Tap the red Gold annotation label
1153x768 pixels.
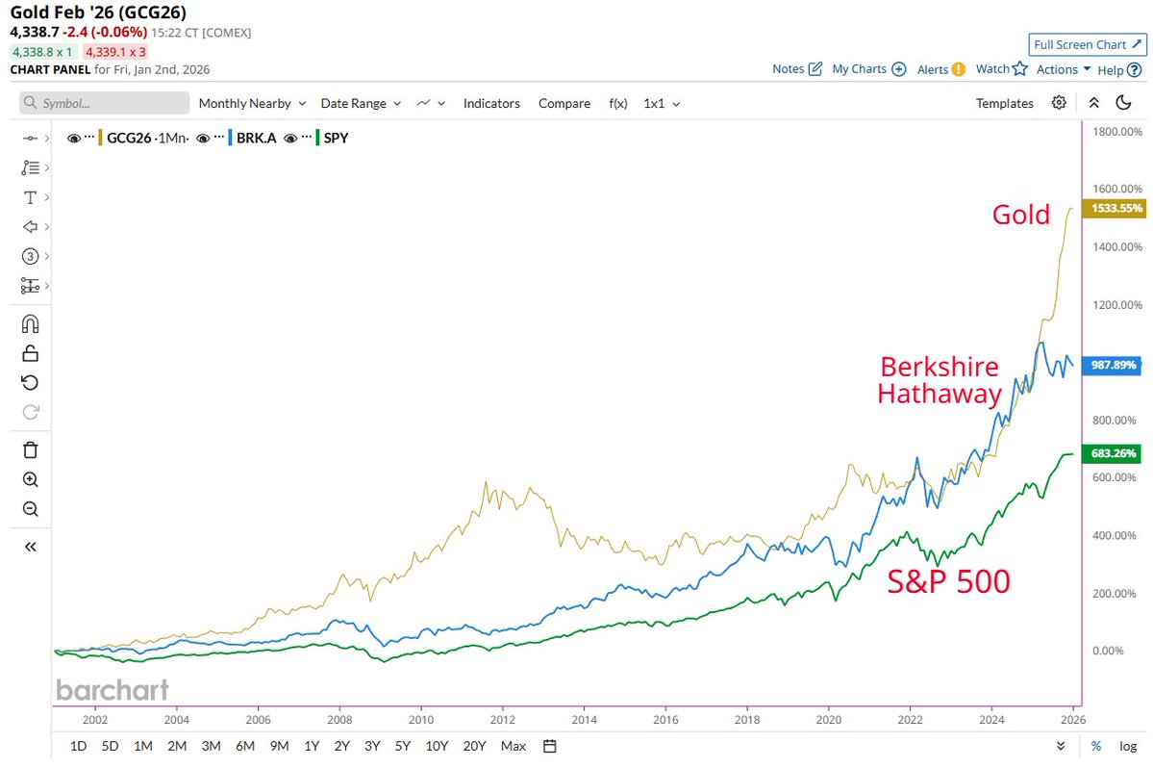tap(1020, 214)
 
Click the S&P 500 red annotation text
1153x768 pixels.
tap(948, 581)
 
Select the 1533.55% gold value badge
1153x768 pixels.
tap(1113, 208)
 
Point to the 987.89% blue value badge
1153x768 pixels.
tap(1113, 366)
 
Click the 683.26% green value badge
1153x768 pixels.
tap(1113, 453)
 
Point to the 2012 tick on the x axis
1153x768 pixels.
tap(501, 719)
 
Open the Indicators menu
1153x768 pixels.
tap(491, 103)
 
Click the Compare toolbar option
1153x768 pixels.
tap(564, 103)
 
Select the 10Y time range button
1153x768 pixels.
tap(437, 746)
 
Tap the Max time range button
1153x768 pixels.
tap(514, 746)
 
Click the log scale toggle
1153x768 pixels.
tap(1127, 746)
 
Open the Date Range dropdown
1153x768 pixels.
tap(360, 103)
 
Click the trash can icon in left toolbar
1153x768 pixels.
tap(30, 449)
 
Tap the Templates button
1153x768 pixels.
tap(1004, 103)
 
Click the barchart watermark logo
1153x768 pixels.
tap(113, 690)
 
